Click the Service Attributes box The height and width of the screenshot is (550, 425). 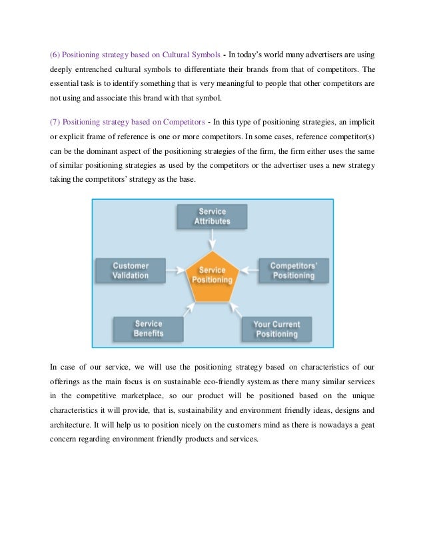(x=212, y=216)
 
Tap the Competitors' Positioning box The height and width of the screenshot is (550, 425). (x=292, y=270)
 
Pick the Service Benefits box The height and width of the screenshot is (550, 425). (x=148, y=328)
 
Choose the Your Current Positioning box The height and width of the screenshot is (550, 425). (x=276, y=329)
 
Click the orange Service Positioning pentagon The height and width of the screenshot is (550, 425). (x=211, y=275)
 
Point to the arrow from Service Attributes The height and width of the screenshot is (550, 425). (x=212, y=238)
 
